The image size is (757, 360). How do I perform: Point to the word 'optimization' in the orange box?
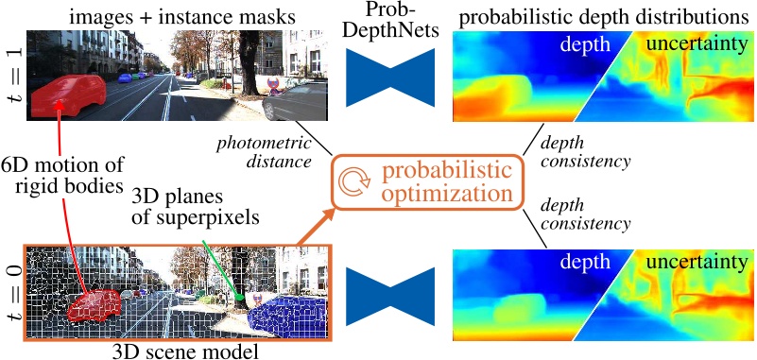(x=443, y=196)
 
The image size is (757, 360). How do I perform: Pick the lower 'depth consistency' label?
(x=584, y=216)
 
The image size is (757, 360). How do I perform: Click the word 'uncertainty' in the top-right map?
(x=694, y=45)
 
